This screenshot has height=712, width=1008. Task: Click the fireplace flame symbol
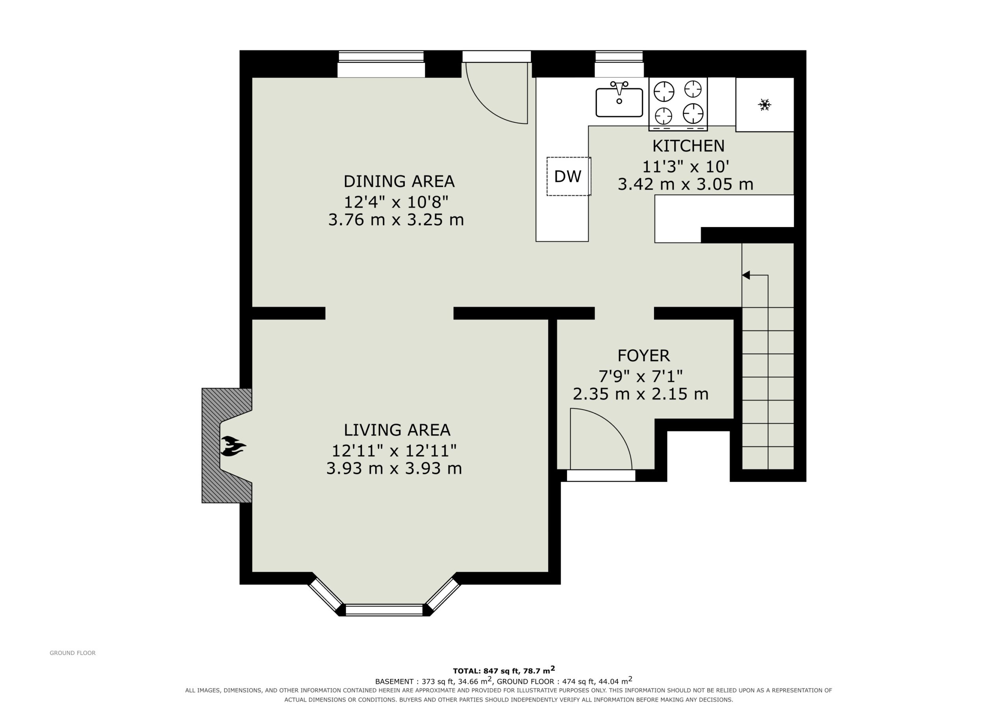[x=233, y=446]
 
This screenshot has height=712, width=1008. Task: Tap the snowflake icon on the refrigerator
[x=764, y=104]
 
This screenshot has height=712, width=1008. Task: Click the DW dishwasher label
[x=568, y=176]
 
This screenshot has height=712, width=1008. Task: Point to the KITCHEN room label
[x=688, y=146]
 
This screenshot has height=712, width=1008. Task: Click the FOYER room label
[x=644, y=355]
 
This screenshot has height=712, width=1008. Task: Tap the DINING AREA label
[x=398, y=181]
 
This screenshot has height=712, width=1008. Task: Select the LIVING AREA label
[x=397, y=430]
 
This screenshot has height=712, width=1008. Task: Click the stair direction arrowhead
[x=746, y=275]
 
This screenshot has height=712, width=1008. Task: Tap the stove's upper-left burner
[x=663, y=92]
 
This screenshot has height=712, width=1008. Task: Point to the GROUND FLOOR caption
[x=72, y=653]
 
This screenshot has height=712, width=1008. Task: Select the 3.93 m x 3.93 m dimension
[x=394, y=469]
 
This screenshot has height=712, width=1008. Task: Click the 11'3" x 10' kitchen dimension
[x=686, y=167]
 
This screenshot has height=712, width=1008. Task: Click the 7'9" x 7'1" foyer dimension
[x=641, y=376]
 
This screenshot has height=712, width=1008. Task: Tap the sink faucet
[x=619, y=88]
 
